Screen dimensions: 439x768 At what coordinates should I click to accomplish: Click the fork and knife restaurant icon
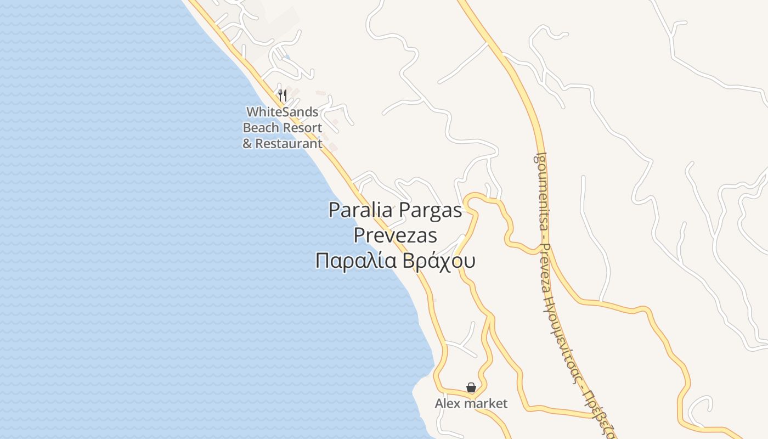(283, 95)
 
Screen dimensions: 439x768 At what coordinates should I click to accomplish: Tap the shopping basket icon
(471, 387)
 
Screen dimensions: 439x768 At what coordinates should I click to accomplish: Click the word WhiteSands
(282, 112)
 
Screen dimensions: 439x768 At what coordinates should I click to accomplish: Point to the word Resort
(302, 128)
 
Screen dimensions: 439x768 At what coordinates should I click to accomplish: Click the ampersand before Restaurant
(247, 144)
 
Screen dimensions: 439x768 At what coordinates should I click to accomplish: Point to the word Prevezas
(395, 235)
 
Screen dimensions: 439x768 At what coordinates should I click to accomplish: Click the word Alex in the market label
(447, 404)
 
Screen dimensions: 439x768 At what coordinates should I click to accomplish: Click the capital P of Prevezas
(359, 235)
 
